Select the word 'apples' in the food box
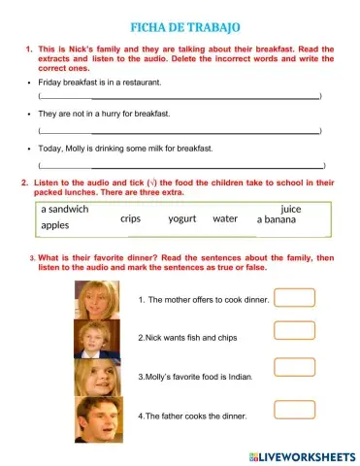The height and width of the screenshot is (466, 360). click(55, 225)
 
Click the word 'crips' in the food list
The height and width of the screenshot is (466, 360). click(131, 218)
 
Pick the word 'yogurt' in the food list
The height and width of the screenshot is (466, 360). click(182, 218)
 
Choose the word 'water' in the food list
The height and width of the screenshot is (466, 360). click(225, 218)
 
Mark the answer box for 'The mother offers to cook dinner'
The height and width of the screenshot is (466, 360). click(294, 297)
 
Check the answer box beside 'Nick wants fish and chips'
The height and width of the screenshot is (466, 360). click(294, 329)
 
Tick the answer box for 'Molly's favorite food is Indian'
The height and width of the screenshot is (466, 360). click(294, 367)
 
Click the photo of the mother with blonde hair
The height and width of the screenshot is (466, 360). click(97, 298)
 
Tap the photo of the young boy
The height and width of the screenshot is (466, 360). click(96, 338)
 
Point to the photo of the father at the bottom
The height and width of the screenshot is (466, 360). click(98, 418)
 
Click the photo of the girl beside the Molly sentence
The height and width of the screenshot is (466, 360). click(97, 378)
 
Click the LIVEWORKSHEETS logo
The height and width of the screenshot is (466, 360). click(302, 455)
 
